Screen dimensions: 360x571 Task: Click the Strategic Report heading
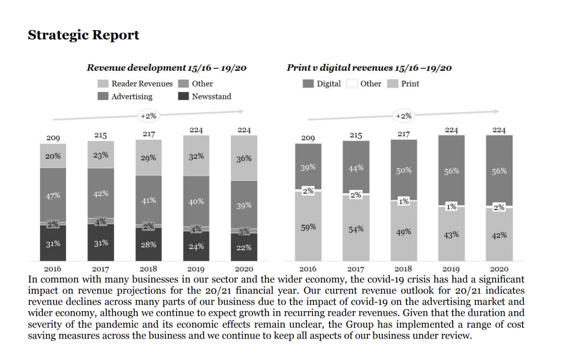tap(83, 35)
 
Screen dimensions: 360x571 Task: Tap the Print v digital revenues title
tap(369, 68)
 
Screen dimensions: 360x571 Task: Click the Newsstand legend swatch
tap(184, 97)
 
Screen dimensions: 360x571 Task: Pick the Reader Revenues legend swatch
tap(103, 83)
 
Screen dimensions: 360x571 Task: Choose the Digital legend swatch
tap(308, 84)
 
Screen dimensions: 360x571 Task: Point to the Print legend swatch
tap(393, 84)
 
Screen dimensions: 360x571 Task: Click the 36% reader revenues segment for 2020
tap(244, 158)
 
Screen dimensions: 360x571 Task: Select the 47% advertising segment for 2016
tap(53, 195)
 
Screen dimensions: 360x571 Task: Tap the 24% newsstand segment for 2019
tap(196, 246)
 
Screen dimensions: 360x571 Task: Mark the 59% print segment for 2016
tap(308, 227)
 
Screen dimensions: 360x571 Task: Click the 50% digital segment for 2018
tap(403, 170)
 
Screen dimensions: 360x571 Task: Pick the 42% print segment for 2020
tap(499, 235)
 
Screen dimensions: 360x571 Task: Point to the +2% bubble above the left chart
tap(148, 116)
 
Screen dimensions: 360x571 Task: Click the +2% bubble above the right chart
tap(403, 116)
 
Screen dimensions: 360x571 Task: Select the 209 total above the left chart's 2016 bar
tap(53, 138)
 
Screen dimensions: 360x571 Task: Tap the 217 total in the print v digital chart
tap(403, 135)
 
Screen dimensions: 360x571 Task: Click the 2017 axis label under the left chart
tap(100, 270)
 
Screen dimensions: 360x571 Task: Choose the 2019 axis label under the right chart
tap(451, 270)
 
